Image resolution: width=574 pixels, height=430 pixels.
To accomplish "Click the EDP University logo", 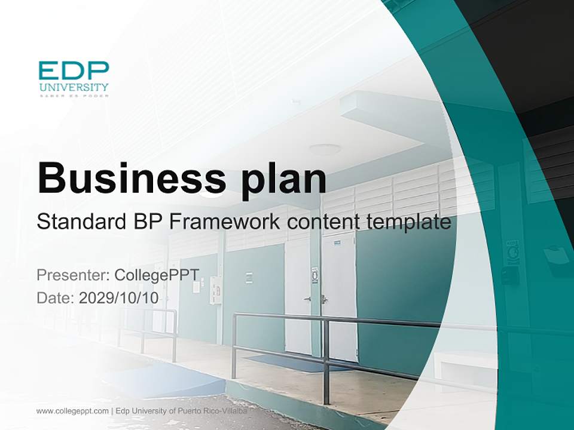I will (74, 78).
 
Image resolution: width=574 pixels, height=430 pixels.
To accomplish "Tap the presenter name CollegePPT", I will (157, 275).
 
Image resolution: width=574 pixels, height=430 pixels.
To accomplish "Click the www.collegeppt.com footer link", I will (72, 411).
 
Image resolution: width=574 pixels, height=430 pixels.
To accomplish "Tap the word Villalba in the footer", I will (239, 411).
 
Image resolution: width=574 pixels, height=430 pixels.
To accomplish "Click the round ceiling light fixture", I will (325, 149).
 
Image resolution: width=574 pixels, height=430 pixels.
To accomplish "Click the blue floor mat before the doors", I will (281, 362).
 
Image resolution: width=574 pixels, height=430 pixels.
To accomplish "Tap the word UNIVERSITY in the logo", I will (74, 87).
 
